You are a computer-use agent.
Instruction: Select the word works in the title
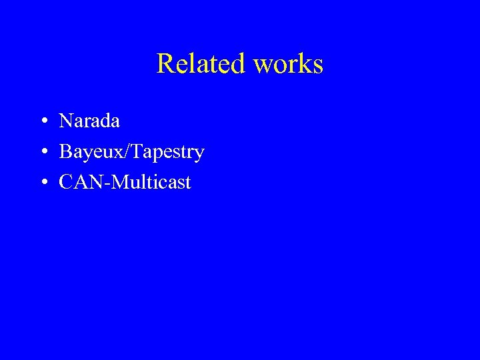pos(289,64)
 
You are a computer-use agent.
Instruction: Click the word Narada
pos(89,121)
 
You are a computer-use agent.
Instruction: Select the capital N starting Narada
pos(66,121)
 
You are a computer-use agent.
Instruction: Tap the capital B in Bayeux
pos(65,152)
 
